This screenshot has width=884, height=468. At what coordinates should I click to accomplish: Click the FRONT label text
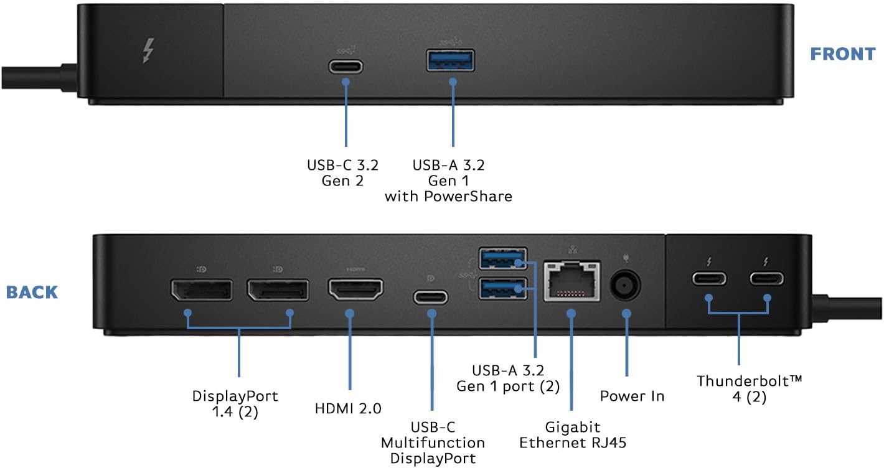click(x=842, y=54)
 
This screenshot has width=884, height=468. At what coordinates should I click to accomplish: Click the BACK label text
click(x=32, y=292)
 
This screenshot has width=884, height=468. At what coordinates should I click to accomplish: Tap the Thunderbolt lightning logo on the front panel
click(x=148, y=51)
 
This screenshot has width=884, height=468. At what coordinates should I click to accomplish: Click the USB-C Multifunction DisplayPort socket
click(x=431, y=296)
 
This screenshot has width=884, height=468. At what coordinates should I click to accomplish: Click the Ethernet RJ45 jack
click(x=572, y=281)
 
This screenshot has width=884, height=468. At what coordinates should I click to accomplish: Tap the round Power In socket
click(x=626, y=286)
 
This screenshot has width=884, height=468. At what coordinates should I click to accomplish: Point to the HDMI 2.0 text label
click(x=348, y=408)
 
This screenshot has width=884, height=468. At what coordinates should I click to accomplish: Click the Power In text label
click(x=632, y=396)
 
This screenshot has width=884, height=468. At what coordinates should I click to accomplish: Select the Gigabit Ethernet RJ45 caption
click(x=573, y=435)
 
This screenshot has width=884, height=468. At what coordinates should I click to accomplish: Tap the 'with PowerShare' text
click(x=448, y=197)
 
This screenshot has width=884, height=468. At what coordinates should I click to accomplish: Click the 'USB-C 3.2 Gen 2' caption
click(x=342, y=173)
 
